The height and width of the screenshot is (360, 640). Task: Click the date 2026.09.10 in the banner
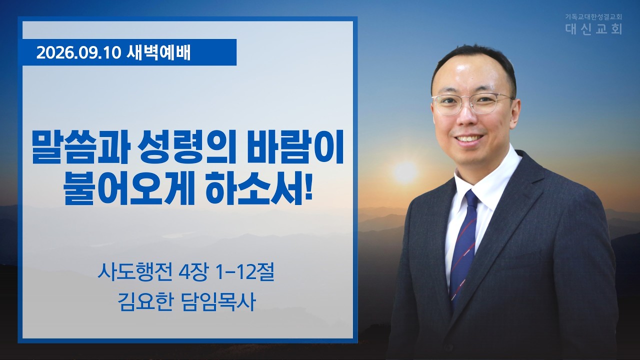78,53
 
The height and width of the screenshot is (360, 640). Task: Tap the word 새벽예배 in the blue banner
158,52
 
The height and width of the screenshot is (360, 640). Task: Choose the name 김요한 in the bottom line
145,302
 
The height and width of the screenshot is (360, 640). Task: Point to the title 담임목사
218,302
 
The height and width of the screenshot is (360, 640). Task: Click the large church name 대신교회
593,29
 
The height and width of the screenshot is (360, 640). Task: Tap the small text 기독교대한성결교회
593,17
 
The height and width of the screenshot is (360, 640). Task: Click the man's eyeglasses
473,103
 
